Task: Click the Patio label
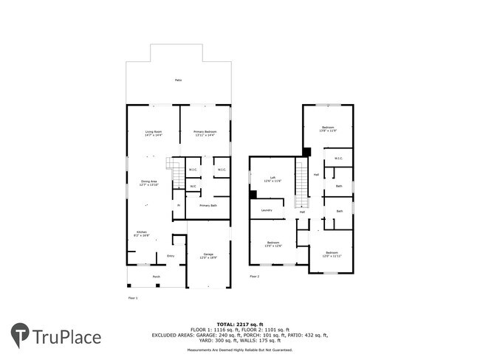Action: coord(178,80)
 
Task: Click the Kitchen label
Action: coord(140,232)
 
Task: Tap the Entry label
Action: coord(171,256)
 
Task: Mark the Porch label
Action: coord(156,277)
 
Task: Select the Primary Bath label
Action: coord(208,206)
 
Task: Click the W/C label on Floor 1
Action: coord(193,187)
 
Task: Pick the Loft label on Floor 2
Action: coord(272,179)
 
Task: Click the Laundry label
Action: coord(267,210)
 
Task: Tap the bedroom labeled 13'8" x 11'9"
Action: coord(329,129)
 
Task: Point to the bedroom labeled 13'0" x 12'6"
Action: coord(273,243)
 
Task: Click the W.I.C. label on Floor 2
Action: coord(337,158)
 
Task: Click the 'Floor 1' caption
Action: coord(133,298)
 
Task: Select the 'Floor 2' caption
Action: coord(254,277)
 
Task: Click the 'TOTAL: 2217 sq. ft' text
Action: coord(240,324)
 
